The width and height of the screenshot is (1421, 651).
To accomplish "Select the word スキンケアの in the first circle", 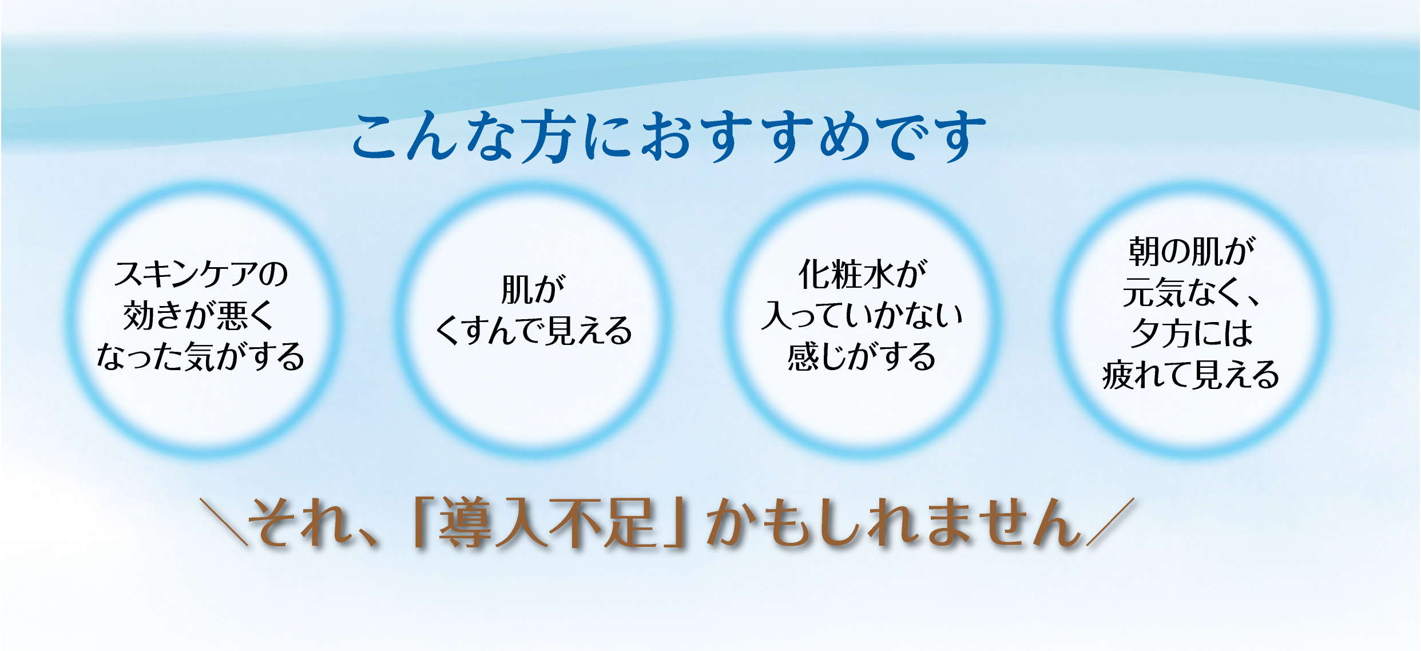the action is (201, 274).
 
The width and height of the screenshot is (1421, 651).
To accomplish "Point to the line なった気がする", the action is (201, 356).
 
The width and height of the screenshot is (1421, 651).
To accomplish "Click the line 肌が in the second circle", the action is (533, 289).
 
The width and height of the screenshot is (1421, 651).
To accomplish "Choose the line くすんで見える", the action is (533, 331).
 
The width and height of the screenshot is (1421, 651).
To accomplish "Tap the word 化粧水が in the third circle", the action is (862, 274).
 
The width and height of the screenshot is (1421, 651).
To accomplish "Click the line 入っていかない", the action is (862, 315).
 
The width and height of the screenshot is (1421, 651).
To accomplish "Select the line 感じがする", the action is (862, 356).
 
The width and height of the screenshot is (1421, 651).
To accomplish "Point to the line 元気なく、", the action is (1191, 293).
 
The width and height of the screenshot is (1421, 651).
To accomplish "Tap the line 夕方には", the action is (1191, 334).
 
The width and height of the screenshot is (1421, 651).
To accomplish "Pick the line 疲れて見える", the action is (1191, 375).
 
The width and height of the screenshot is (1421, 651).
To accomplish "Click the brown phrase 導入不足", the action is (547, 522).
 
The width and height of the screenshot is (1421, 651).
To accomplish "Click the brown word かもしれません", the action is (893, 522).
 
